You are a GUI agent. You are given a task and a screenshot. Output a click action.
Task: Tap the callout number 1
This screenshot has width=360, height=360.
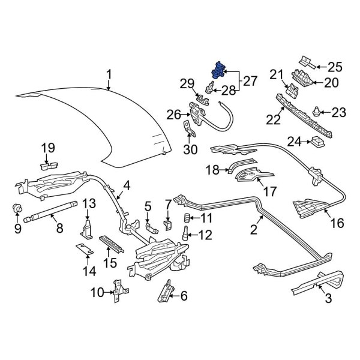[109, 74]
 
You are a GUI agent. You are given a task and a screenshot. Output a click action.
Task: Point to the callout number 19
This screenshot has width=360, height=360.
[47, 148]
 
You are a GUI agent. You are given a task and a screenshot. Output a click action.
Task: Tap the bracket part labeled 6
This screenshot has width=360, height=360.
[164, 292]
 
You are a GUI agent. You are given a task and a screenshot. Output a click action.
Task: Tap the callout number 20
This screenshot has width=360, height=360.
[331, 83]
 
